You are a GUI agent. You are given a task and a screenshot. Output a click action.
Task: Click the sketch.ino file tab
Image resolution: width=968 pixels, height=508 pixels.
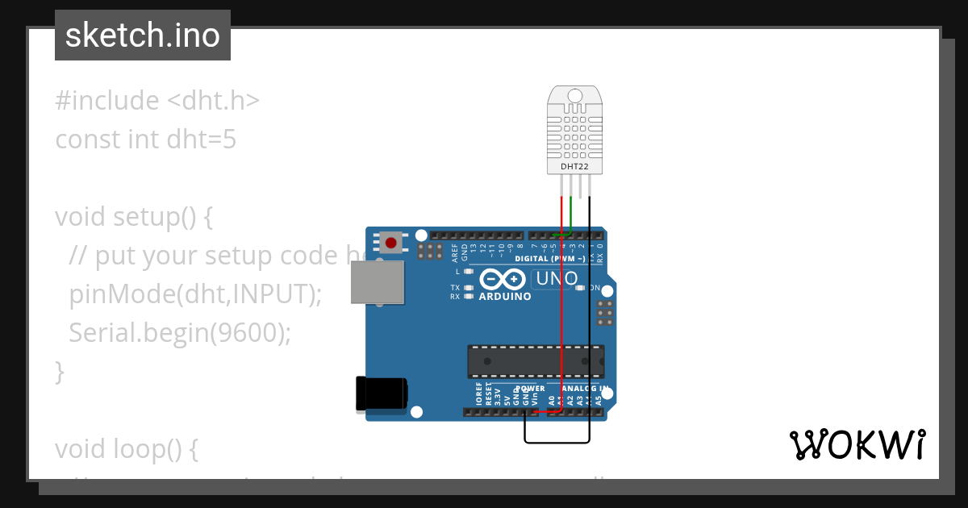point(143,35)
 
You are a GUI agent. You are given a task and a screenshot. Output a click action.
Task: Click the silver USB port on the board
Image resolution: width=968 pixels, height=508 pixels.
point(377,282)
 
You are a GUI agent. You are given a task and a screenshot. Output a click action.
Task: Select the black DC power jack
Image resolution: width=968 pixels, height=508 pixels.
point(382,394)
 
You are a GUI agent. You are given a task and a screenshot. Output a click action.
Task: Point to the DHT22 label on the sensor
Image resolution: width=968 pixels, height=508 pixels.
point(574,167)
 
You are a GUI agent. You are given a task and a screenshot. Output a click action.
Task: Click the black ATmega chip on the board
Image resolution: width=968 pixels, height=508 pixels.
point(536,361)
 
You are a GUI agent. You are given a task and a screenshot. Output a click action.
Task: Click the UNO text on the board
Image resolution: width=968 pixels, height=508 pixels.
point(556,279)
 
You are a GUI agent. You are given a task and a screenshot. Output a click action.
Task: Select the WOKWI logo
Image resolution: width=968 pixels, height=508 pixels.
point(857,445)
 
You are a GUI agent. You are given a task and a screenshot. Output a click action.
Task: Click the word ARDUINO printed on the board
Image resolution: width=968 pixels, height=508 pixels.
point(505,296)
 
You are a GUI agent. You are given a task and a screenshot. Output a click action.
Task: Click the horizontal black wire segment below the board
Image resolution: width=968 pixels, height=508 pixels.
point(557,442)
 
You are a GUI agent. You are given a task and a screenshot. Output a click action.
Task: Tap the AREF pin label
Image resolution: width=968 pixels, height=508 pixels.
point(455,253)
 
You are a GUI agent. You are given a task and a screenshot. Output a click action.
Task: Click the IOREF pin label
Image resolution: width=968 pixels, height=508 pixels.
point(478,395)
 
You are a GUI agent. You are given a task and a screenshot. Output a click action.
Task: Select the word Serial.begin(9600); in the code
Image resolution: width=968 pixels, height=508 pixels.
point(180,332)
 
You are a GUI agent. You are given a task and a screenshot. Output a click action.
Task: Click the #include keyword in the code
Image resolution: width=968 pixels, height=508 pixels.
point(107,101)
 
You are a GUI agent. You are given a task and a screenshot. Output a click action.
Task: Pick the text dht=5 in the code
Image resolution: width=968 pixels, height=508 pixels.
point(202,139)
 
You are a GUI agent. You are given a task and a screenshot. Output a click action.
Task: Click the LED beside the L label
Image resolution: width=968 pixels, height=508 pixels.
point(468,272)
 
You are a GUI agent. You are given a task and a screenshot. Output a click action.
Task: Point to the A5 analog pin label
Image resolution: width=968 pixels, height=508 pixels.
point(598,397)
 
